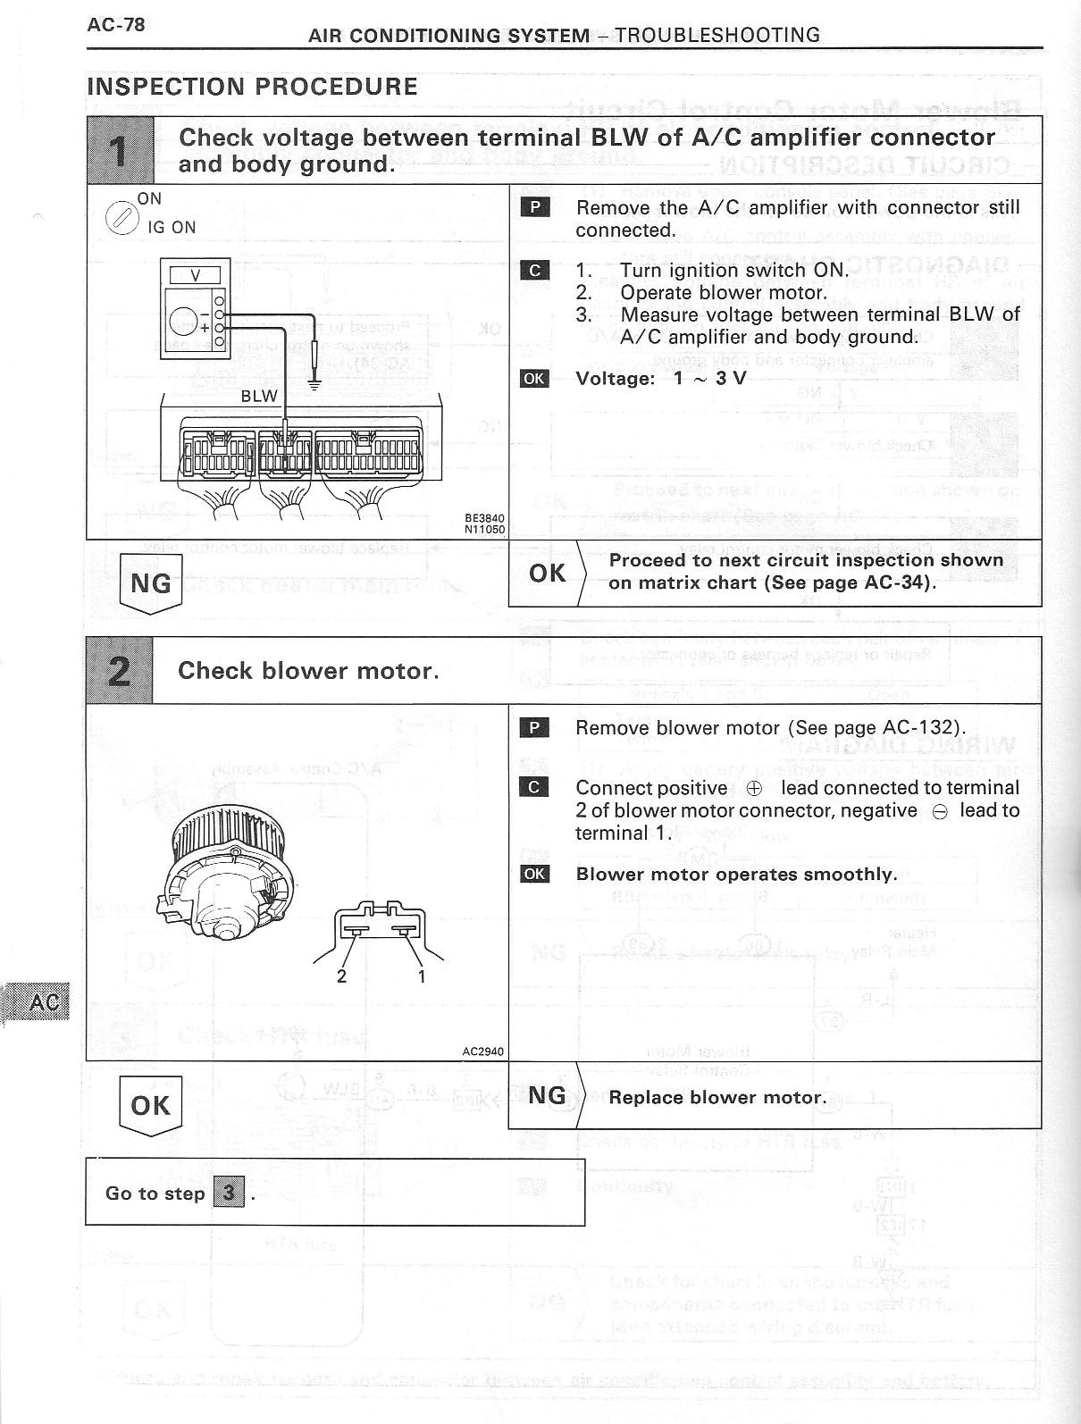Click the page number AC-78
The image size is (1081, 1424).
(115, 24)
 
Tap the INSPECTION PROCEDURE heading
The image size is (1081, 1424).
(252, 87)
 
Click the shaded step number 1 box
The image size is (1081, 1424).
(120, 150)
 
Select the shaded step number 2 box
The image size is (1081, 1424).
(120, 671)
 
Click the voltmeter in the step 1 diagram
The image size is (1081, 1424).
(196, 308)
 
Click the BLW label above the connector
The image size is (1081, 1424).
(259, 396)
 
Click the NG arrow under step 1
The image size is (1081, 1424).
(150, 584)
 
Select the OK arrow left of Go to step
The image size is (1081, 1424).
(150, 1106)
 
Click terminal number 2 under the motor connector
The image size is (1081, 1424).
(341, 976)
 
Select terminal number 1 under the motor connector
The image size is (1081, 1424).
(422, 976)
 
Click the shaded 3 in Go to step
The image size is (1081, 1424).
(229, 1193)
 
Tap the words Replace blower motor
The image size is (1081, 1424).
(716, 1097)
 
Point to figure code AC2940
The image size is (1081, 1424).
(482, 1051)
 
